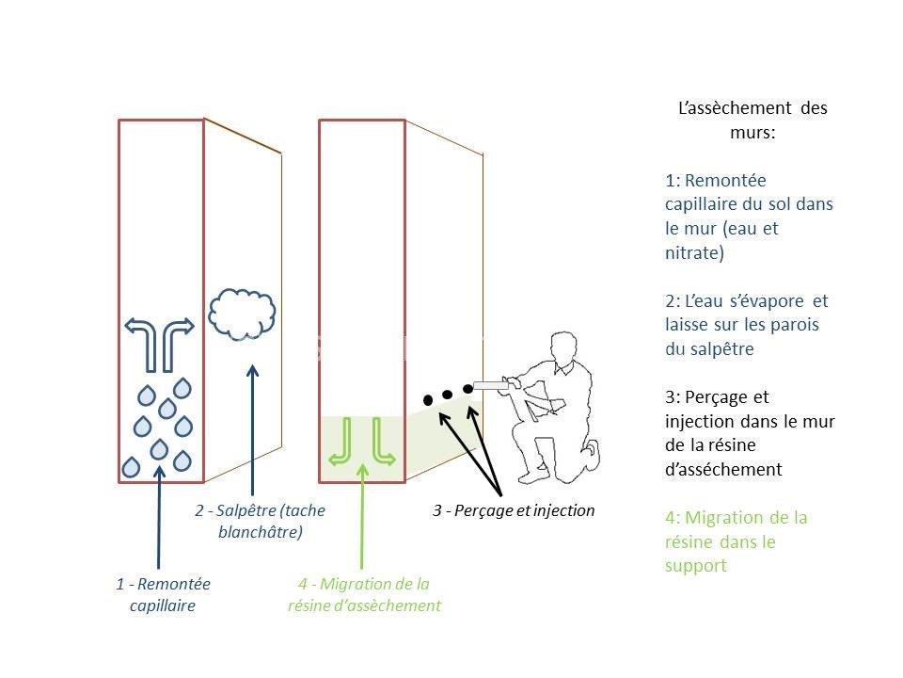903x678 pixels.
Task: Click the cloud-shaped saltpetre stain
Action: tap(242, 314)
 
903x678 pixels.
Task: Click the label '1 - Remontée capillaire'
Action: tap(163, 594)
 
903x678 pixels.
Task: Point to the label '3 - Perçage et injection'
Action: tap(514, 510)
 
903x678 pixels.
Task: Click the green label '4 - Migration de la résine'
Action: tap(364, 594)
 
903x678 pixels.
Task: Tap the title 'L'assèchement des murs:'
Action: tap(752, 120)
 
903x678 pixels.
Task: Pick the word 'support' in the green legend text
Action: tap(696, 566)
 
